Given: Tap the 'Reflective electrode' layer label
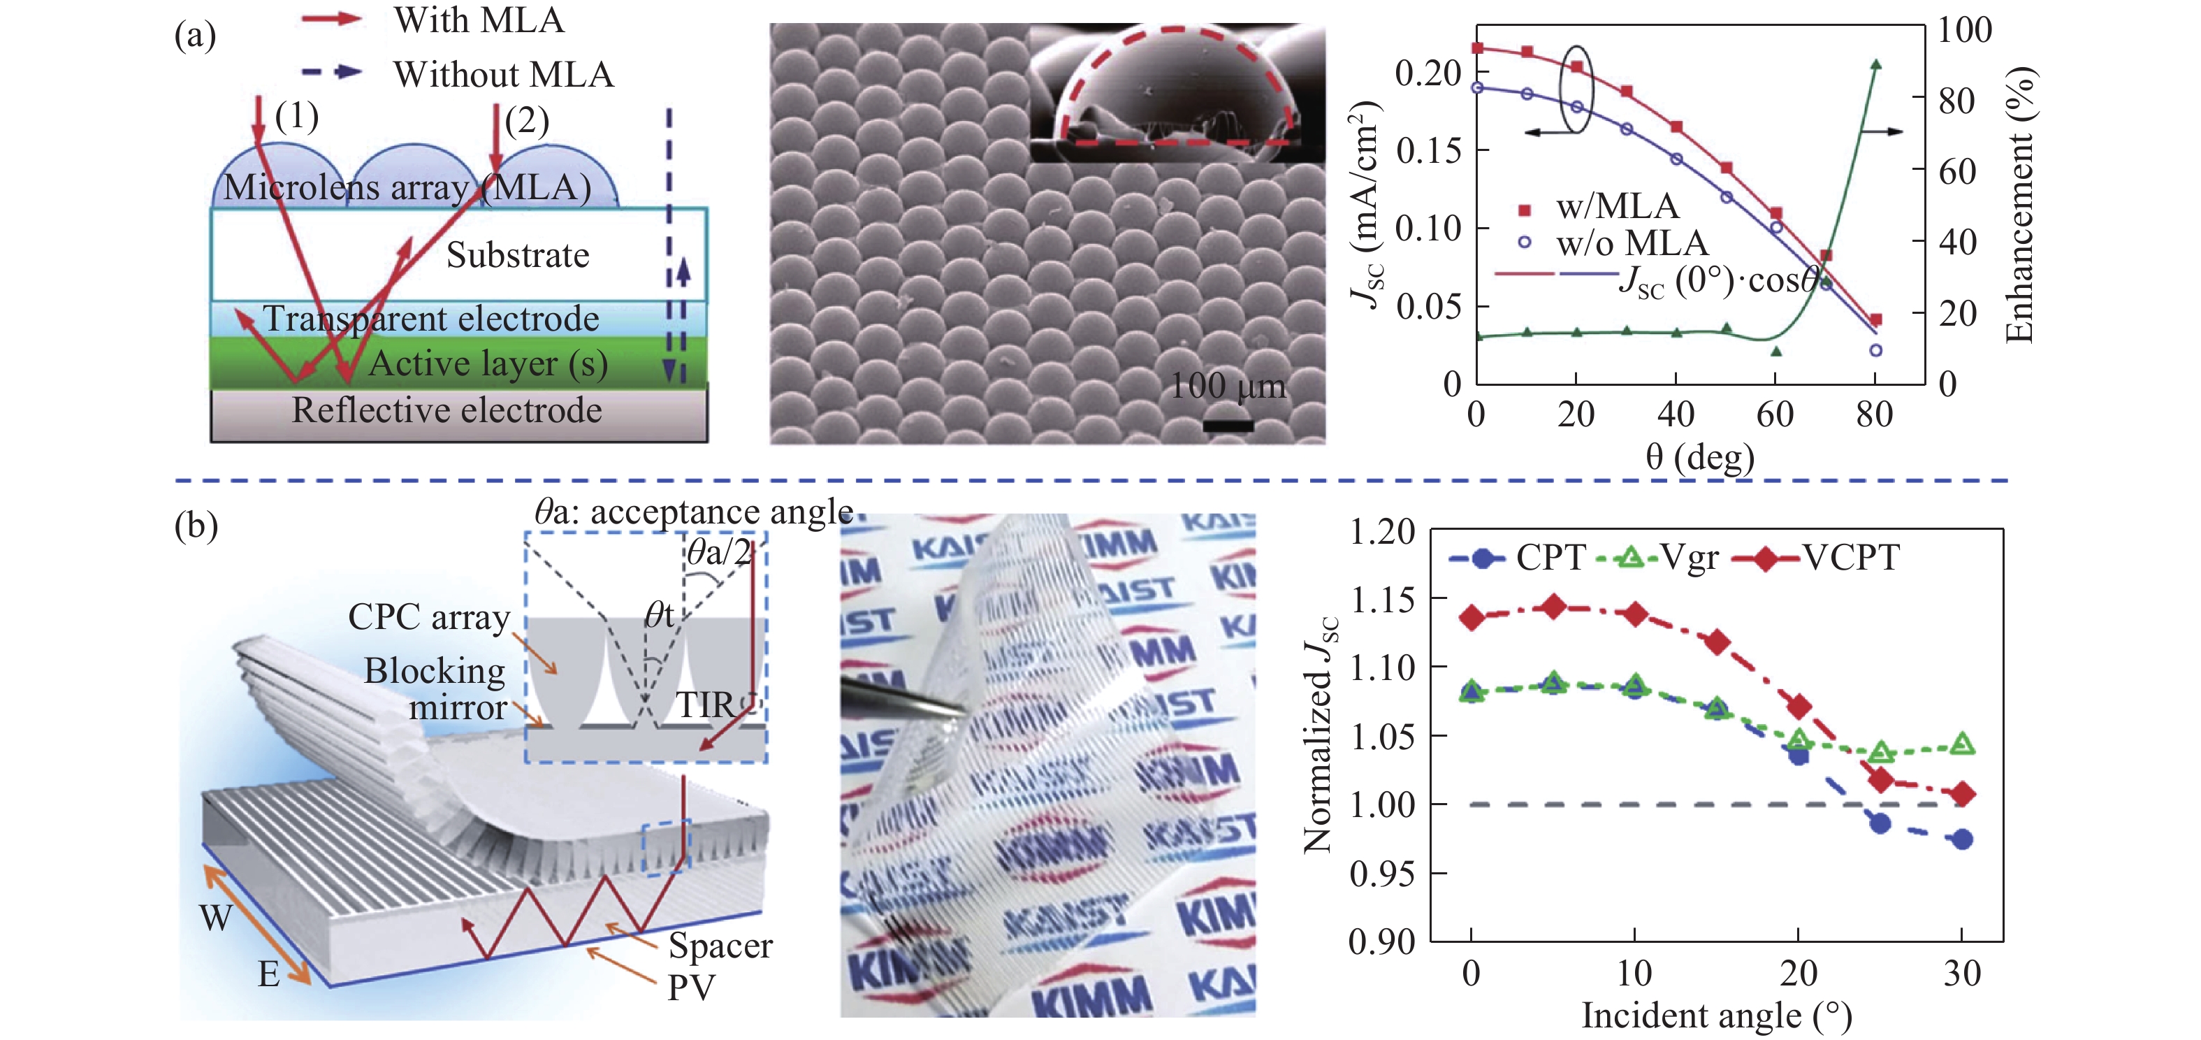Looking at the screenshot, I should (x=447, y=410).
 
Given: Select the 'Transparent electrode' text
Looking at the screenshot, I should (x=432, y=319).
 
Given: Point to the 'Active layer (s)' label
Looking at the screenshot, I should (x=488, y=364).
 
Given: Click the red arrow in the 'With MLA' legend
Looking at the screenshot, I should (x=333, y=18).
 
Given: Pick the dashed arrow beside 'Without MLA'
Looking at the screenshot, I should (x=333, y=72).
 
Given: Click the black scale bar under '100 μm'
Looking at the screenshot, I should (x=1228, y=425).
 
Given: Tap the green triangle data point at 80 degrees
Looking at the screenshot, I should (x=1876, y=64).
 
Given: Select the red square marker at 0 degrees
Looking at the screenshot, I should (x=1478, y=48).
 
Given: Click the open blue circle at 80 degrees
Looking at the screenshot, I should (x=1876, y=350).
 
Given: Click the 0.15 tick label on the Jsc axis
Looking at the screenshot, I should (x=1429, y=151).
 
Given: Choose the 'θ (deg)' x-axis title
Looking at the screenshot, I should (x=1700, y=457).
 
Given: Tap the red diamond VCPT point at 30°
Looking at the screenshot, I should (x=1963, y=794).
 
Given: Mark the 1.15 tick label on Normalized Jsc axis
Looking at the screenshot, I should (x=1381, y=599).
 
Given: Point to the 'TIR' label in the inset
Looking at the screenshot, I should (x=705, y=706).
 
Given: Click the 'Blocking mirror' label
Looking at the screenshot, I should (x=436, y=688).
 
